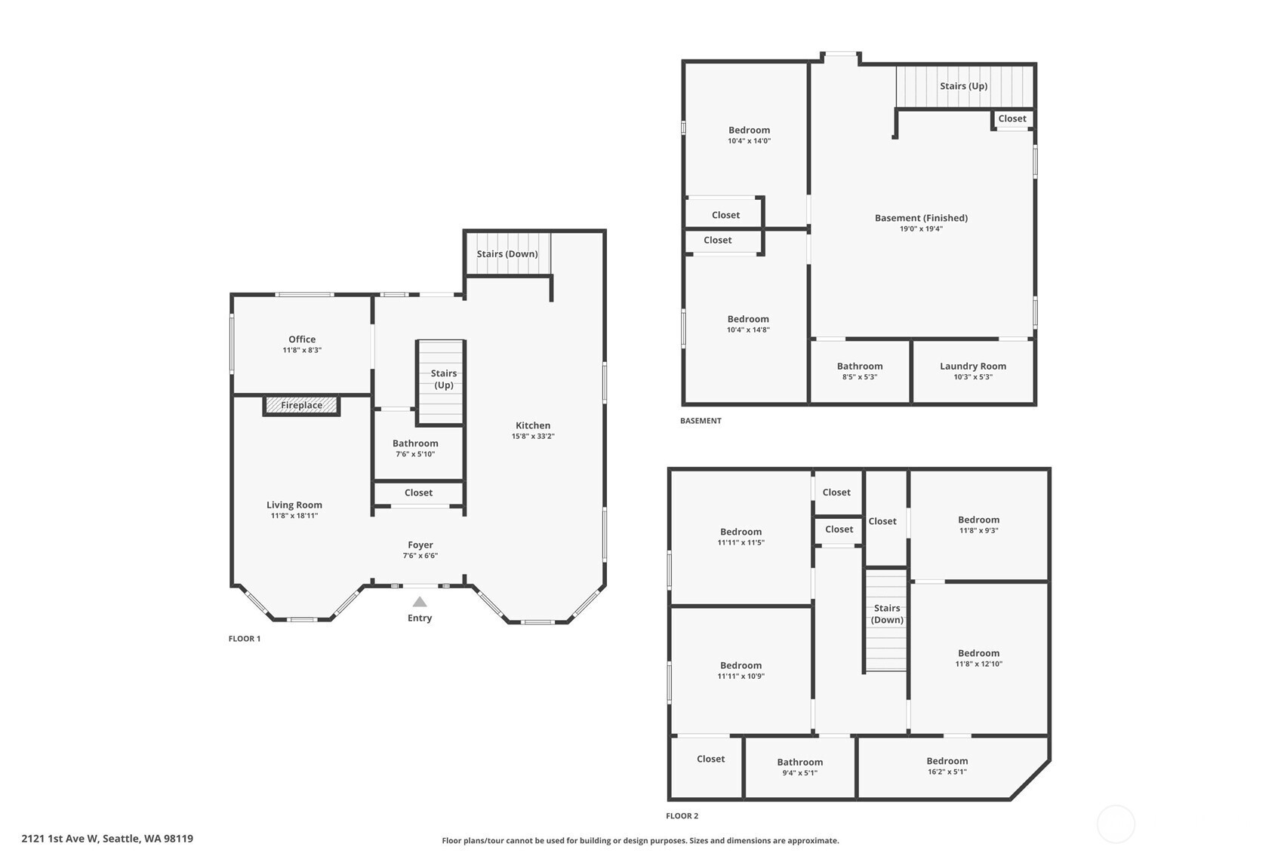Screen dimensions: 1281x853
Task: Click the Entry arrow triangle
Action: coord(420,602)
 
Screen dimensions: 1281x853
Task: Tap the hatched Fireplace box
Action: coord(301,405)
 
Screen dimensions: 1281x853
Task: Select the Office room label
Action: coord(302,339)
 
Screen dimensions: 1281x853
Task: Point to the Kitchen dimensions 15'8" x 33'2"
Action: coord(533,437)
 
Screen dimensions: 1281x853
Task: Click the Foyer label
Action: coord(420,545)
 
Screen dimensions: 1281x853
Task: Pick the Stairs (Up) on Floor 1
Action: coord(444,379)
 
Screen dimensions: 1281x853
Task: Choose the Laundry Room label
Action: coord(973,367)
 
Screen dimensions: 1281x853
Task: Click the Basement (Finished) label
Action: coord(921,218)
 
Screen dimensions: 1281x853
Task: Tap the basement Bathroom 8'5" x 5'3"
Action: coord(860,371)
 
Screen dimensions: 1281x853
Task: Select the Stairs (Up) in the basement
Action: coord(964,86)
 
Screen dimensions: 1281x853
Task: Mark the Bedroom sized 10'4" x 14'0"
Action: coord(749,135)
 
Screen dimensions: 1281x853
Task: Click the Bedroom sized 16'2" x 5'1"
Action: coord(947,766)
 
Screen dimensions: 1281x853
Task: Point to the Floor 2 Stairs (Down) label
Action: coord(887,614)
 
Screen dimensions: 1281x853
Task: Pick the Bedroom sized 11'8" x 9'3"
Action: coord(978,524)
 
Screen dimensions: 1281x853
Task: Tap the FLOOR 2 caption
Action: coord(682,816)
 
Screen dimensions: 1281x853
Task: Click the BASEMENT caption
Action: coord(701,421)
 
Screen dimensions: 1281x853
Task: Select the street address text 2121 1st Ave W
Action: coord(60,839)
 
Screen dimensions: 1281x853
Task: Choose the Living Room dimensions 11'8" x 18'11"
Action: coord(294,516)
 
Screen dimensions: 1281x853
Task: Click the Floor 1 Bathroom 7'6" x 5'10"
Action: coord(415,448)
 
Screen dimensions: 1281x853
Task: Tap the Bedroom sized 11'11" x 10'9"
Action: coord(741,670)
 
